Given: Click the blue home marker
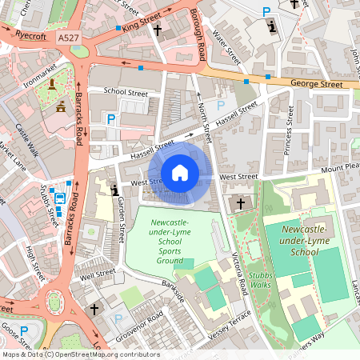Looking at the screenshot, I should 180,173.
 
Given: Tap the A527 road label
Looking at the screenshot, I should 68,37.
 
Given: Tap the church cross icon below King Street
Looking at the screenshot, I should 157,30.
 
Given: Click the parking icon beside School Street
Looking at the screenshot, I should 112,120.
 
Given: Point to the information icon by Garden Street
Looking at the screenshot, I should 116,190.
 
